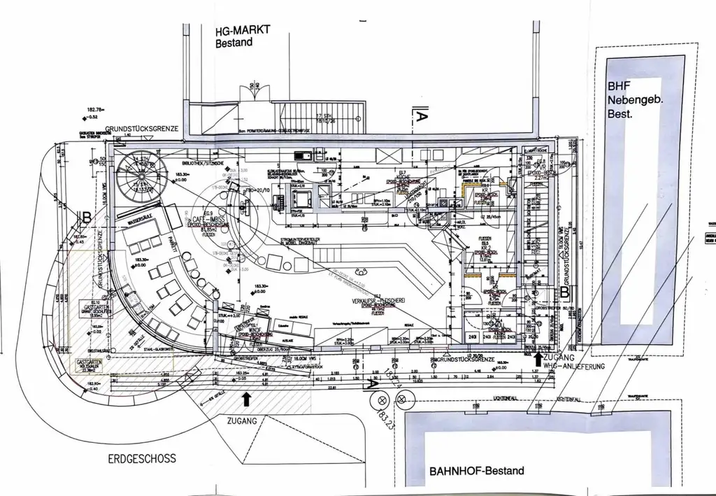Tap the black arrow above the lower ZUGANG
(246, 399)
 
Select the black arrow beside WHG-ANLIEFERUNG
(537, 360)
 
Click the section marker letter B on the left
(87, 218)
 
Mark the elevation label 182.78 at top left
(95, 110)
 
